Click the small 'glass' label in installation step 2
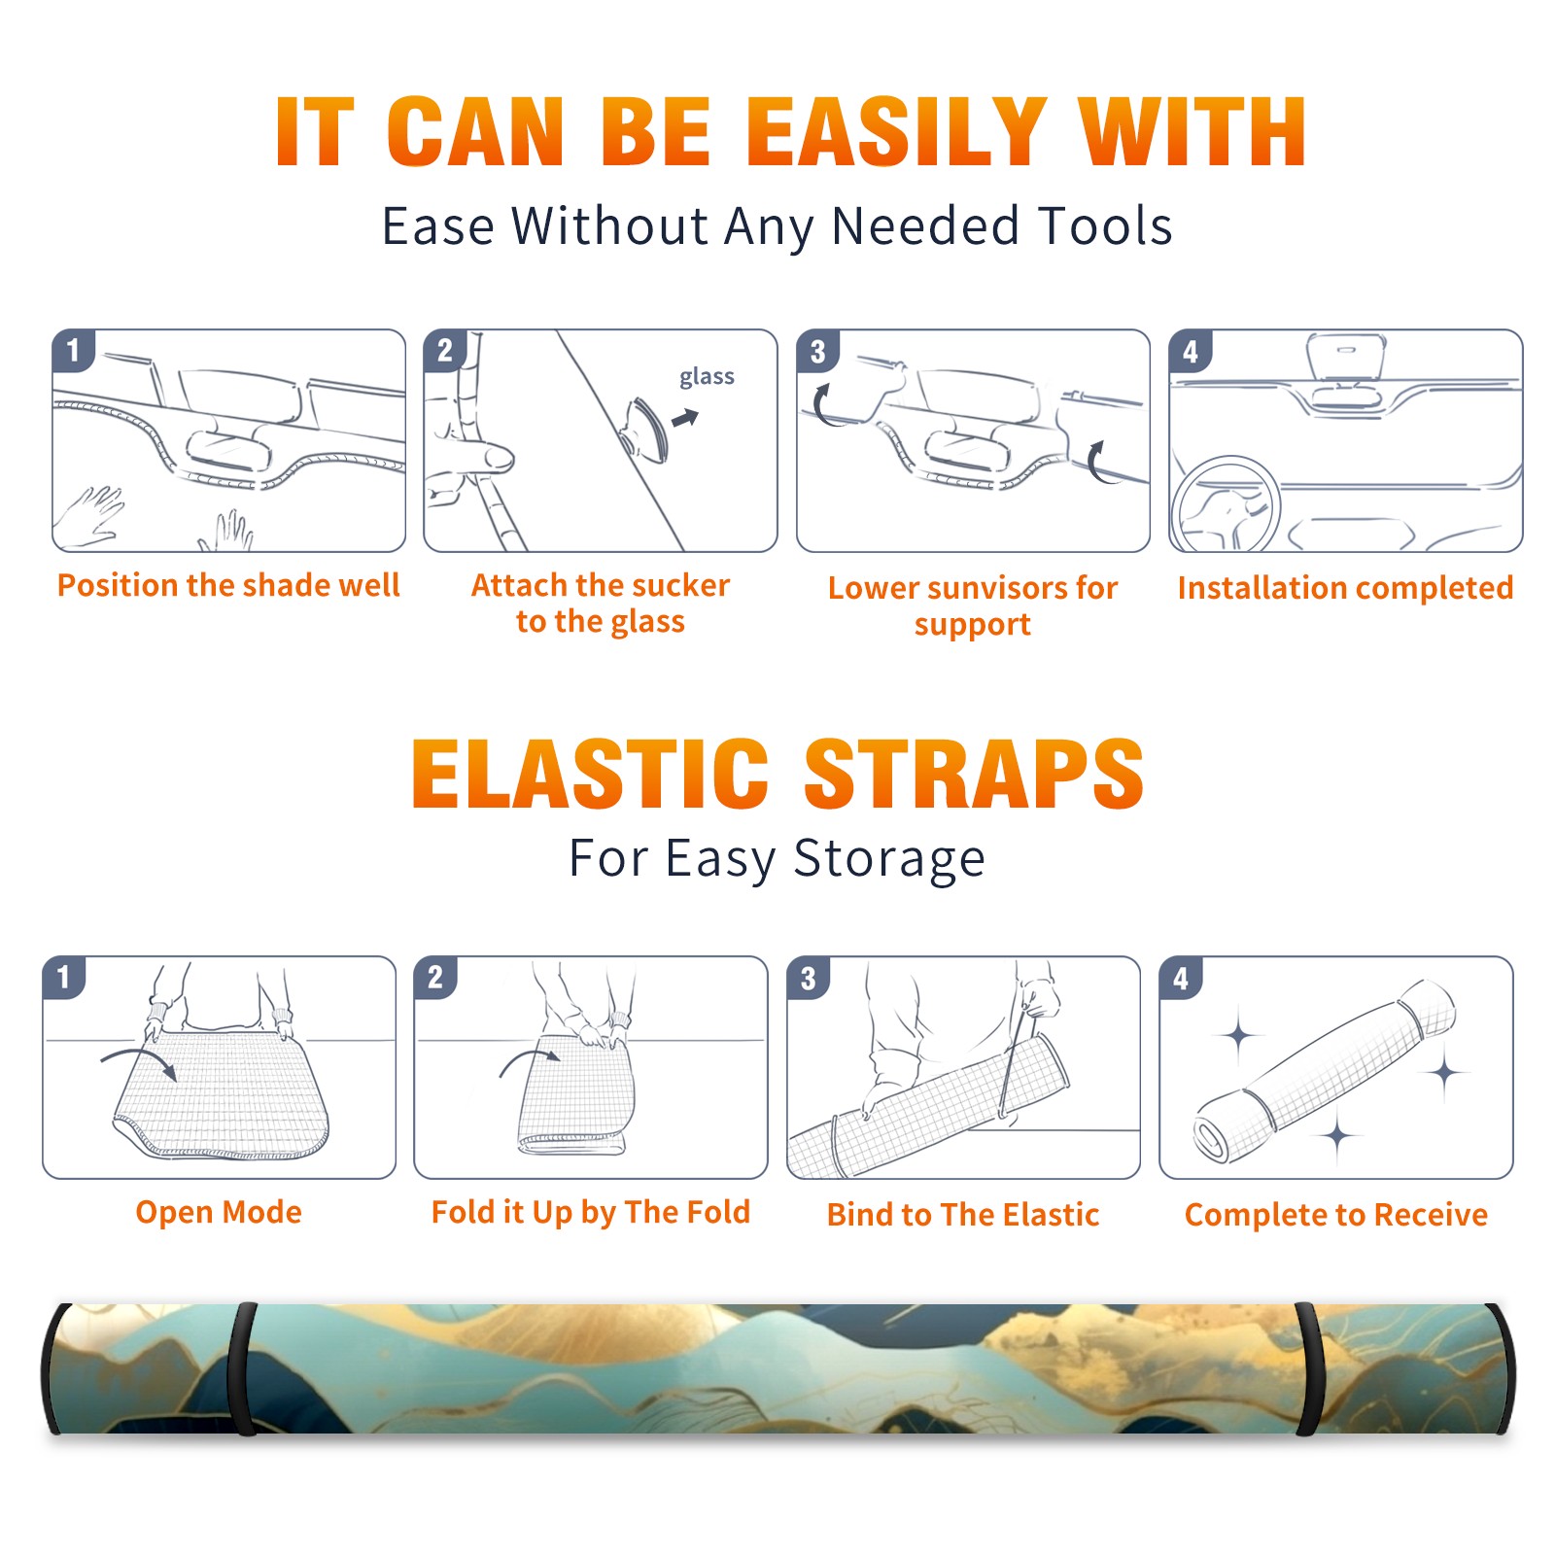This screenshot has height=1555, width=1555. [707, 376]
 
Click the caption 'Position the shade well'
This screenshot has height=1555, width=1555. [228, 585]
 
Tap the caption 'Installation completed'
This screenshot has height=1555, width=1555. [1345, 587]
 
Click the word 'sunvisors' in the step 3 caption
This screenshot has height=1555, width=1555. [996, 588]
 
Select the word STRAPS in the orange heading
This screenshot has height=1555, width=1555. [974, 774]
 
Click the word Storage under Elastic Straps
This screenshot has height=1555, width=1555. [889, 859]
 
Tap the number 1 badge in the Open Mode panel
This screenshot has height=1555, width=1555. [64, 977]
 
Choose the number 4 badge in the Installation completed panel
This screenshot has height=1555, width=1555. [1191, 351]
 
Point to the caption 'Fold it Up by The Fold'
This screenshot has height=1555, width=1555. [591, 1212]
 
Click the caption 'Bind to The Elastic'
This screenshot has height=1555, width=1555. [963, 1215]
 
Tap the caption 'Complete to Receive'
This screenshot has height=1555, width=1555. [1336, 1215]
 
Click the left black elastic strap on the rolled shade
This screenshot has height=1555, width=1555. [242, 1368]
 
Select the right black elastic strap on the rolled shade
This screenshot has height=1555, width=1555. [1308, 1368]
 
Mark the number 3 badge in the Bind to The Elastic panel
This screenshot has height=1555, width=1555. [809, 978]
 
